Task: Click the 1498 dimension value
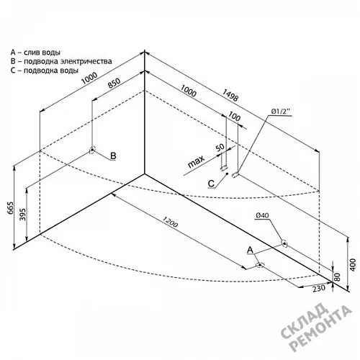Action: (x=230, y=95)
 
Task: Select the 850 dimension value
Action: (x=114, y=83)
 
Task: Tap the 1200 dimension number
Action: (x=170, y=222)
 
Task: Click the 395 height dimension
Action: (x=22, y=215)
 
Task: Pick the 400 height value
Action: (x=353, y=265)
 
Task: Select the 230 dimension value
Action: (x=319, y=288)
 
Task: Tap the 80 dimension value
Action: (x=337, y=276)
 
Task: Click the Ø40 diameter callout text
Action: (x=262, y=215)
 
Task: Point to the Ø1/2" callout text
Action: (x=281, y=112)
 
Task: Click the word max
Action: (x=196, y=161)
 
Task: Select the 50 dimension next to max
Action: (x=220, y=147)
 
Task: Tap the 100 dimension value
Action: (x=234, y=117)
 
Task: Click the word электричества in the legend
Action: (x=86, y=61)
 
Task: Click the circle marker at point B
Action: (x=92, y=150)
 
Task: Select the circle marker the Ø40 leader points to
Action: (x=284, y=243)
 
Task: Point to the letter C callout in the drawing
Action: (x=211, y=184)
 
